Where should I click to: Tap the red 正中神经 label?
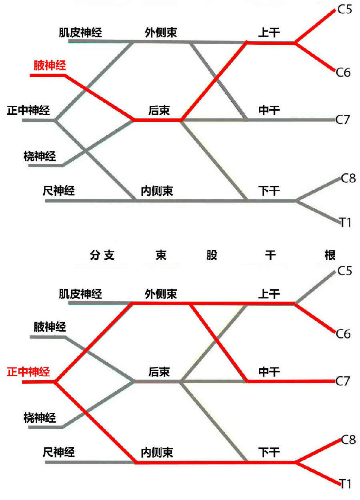[x=28, y=372]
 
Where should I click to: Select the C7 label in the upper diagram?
[x=343, y=119]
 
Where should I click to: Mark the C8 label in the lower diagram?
[x=348, y=440]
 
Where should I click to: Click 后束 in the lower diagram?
[x=159, y=372]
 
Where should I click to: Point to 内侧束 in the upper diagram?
[x=157, y=191]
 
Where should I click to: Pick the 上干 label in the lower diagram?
[x=269, y=294]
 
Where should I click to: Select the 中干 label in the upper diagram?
[x=269, y=110]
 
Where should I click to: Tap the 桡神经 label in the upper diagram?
[x=40, y=157]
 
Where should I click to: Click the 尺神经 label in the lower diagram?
[x=58, y=452]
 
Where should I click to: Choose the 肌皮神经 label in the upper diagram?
[x=80, y=32]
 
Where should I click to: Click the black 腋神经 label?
[x=50, y=327]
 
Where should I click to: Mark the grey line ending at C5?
[x=316, y=287]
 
